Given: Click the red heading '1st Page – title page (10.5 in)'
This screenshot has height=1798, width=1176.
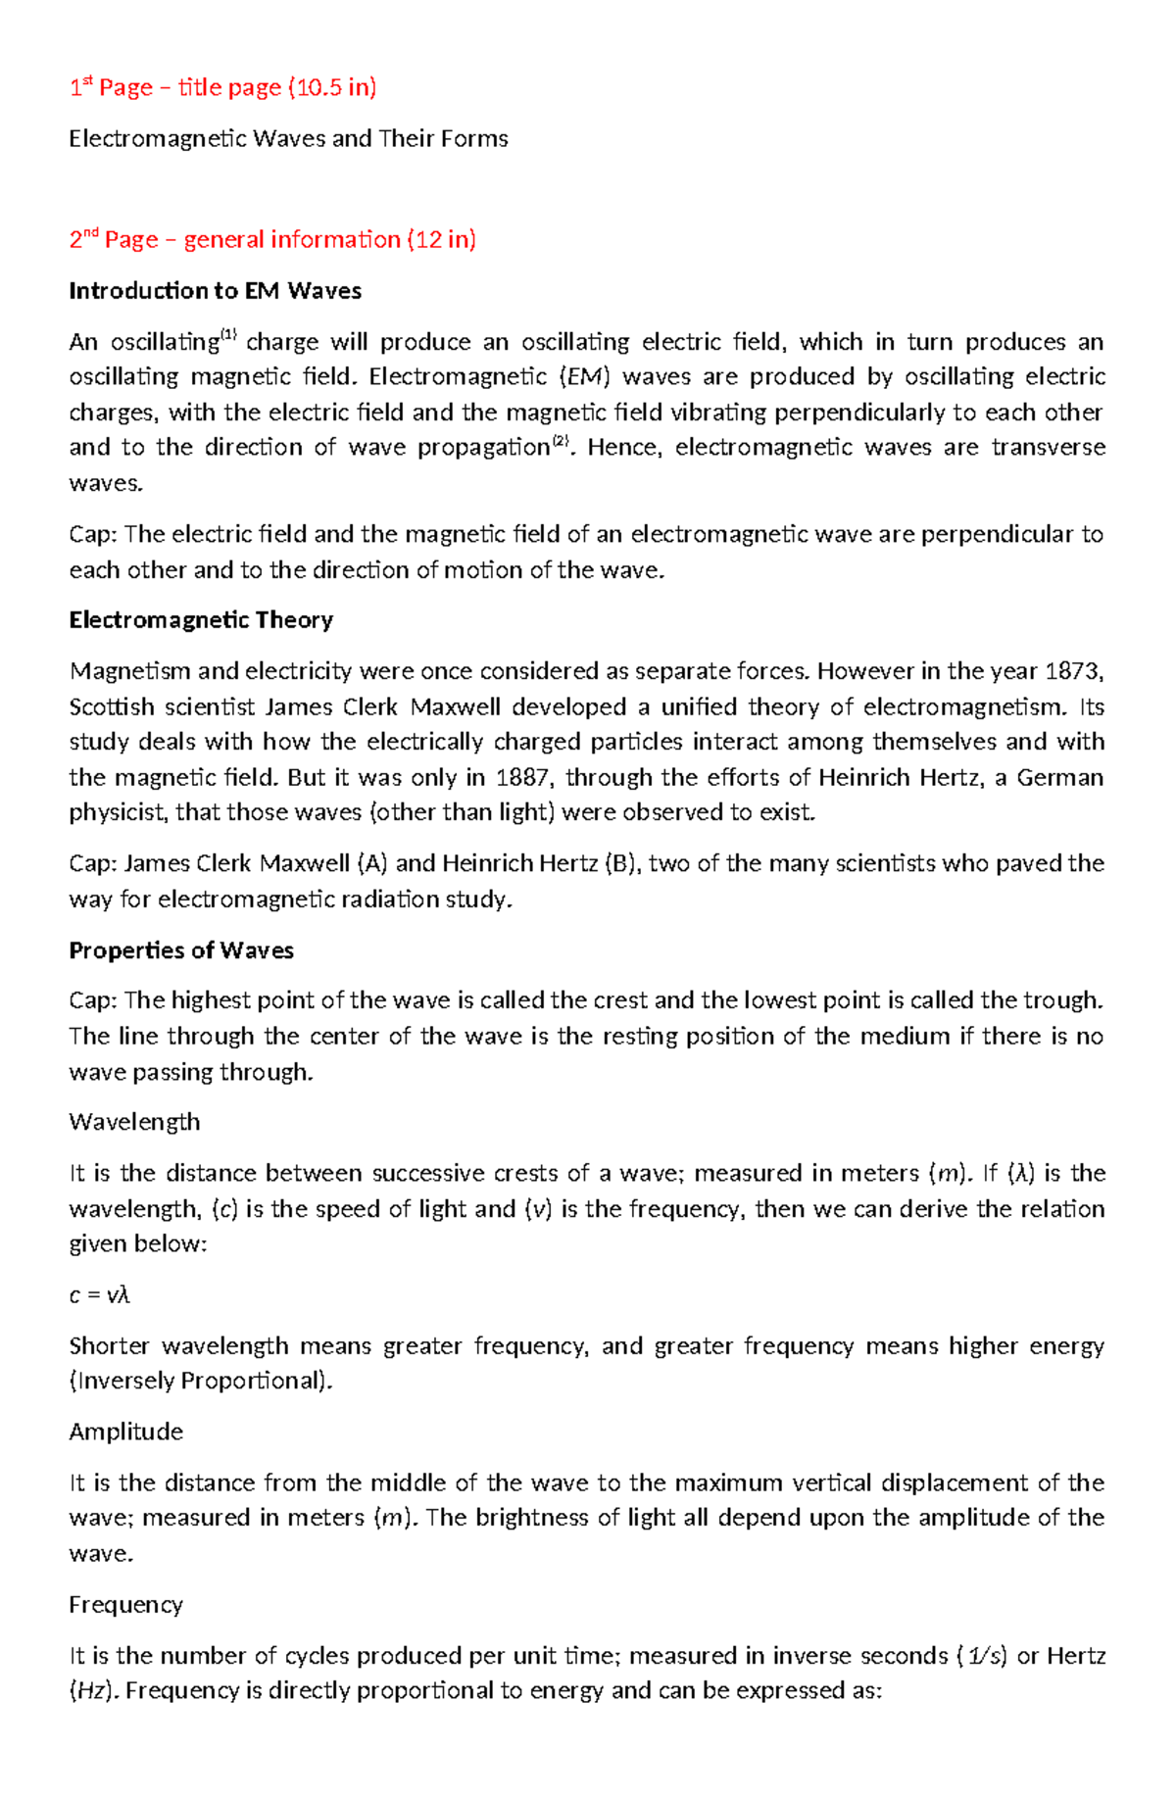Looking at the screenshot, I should pyautogui.click(x=222, y=88).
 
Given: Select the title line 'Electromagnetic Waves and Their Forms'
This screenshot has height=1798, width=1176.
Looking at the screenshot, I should pyautogui.click(x=288, y=139).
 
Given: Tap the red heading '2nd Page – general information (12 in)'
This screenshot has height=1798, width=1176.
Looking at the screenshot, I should pyautogui.click(x=272, y=240).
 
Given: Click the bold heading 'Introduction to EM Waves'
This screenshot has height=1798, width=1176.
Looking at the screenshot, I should pyautogui.click(x=215, y=291).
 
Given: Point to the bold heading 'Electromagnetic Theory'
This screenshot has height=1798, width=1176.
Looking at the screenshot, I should pyautogui.click(x=201, y=620).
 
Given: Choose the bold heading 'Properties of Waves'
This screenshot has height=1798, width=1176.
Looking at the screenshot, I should pyautogui.click(x=181, y=950).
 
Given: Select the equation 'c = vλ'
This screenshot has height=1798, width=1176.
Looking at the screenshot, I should pyautogui.click(x=100, y=1295).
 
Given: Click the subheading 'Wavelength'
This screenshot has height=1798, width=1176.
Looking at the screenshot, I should pyautogui.click(x=134, y=1122).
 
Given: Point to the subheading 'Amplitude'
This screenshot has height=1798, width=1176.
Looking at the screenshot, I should pyautogui.click(x=125, y=1432).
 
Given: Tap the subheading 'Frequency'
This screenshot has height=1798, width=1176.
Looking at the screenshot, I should pyautogui.click(x=125, y=1605).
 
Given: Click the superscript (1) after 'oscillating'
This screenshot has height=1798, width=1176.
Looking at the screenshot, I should pyautogui.click(x=228, y=335).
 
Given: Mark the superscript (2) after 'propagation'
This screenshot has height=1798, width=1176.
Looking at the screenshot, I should pyautogui.click(x=561, y=441).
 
